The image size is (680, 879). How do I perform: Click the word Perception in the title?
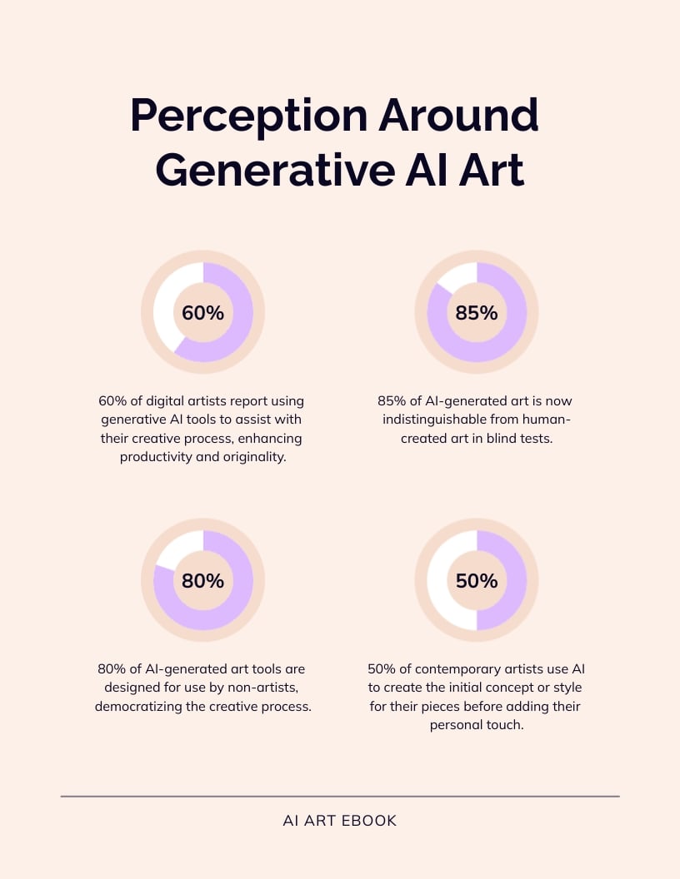[247, 116]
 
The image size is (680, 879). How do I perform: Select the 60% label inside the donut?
[202, 313]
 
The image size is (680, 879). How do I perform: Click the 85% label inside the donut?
[477, 313]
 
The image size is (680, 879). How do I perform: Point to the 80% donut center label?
[202, 581]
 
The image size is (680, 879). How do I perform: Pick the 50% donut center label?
[477, 581]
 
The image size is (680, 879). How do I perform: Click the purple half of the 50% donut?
[513, 581]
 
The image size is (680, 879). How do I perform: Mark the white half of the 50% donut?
[440, 581]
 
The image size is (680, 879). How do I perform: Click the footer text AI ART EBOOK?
[340, 821]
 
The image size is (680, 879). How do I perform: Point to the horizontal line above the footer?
[340, 797]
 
